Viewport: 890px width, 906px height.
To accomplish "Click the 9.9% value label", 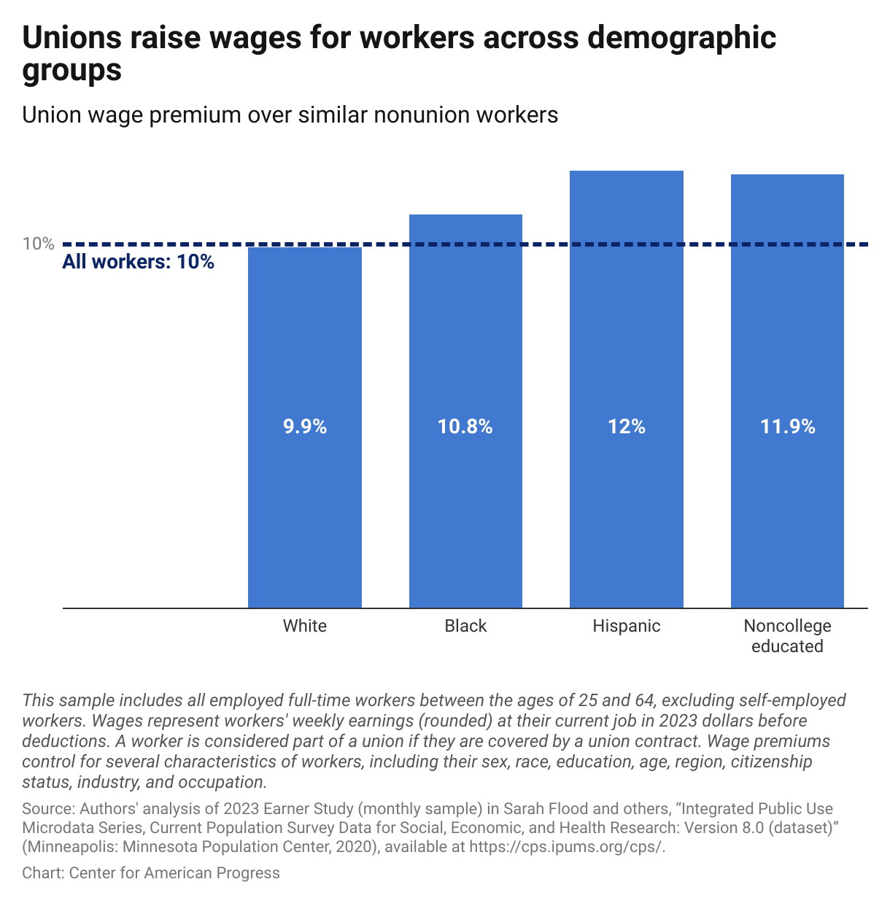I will (305, 427).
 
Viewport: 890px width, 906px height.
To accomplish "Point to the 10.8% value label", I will (465, 427).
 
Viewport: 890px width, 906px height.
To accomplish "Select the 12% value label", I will (627, 427).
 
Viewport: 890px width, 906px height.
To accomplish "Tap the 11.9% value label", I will (787, 427).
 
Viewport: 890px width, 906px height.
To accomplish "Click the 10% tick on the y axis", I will (38, 244).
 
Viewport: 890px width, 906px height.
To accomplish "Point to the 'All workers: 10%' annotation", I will (138, 262).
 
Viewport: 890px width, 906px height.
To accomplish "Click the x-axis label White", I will (305, 626).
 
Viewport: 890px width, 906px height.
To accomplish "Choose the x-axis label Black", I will (465, 626).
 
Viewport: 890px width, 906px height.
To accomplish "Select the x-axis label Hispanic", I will (627, 626).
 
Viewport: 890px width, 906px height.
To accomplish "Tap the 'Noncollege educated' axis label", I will (787, 636).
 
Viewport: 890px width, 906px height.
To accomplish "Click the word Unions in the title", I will (71, 38).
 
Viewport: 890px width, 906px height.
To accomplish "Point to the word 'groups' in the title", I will (71, 71).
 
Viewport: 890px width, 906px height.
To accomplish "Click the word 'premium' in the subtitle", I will (198, 115).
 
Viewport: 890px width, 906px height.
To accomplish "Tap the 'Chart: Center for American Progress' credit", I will (151, 873).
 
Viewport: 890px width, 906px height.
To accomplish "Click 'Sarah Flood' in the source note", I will (541, 809).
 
